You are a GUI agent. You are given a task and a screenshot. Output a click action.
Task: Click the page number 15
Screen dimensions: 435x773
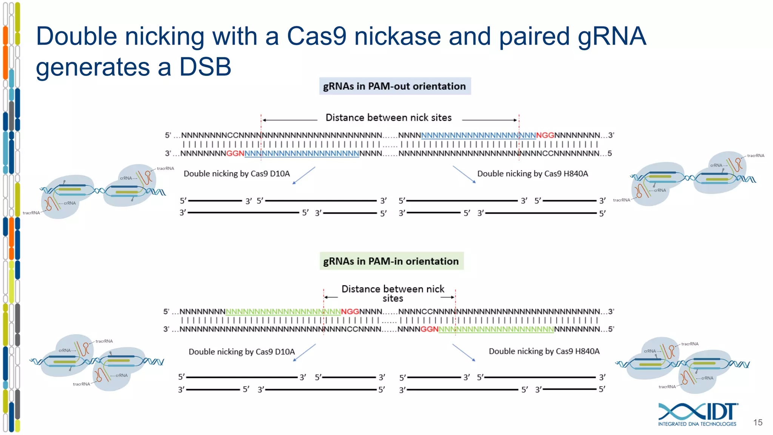pos(758,423)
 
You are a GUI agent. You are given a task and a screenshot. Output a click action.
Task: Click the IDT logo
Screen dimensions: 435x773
pos(698,414)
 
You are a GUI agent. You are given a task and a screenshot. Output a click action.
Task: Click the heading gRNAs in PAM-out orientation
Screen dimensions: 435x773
pos(394,86)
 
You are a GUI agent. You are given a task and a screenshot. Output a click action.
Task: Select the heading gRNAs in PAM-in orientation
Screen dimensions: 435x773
pos(391,261)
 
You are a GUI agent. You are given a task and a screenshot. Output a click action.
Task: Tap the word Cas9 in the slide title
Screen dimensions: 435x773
pos(316,36)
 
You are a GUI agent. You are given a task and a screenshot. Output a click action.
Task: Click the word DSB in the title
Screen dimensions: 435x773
pos(205,67)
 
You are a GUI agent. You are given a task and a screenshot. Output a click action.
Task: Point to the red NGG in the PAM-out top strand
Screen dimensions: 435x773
pos(545,135)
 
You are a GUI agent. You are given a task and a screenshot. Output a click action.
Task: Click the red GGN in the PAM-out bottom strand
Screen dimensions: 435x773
pos(235,153)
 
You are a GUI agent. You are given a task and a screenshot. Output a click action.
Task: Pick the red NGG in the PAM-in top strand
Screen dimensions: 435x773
pos(350,312)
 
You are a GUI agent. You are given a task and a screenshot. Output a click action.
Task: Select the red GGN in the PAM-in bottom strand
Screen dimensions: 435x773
pos(430,329)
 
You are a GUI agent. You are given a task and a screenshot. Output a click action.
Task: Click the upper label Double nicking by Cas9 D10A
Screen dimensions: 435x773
pos(237,174)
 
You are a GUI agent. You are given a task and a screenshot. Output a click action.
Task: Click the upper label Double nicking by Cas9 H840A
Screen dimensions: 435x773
pos(533,174)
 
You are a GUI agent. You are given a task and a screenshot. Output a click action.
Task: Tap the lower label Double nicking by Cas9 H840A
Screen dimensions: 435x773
pos(544,351)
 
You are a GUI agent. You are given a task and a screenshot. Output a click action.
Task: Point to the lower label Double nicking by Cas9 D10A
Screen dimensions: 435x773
pos(242,352)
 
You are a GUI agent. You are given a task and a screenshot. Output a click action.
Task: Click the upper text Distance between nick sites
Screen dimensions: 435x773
pos(388,118)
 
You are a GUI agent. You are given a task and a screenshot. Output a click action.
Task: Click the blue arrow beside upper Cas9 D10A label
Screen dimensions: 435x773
pos(304,176)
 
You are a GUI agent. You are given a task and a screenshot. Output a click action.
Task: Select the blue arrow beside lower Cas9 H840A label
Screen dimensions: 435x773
pos(464,352)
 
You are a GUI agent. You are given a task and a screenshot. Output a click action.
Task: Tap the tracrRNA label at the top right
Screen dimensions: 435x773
pos(755,156)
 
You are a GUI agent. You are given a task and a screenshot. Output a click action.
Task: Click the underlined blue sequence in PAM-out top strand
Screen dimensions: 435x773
pos(478,135)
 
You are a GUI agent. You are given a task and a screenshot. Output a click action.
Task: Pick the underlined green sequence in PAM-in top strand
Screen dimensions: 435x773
pos(283,312)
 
